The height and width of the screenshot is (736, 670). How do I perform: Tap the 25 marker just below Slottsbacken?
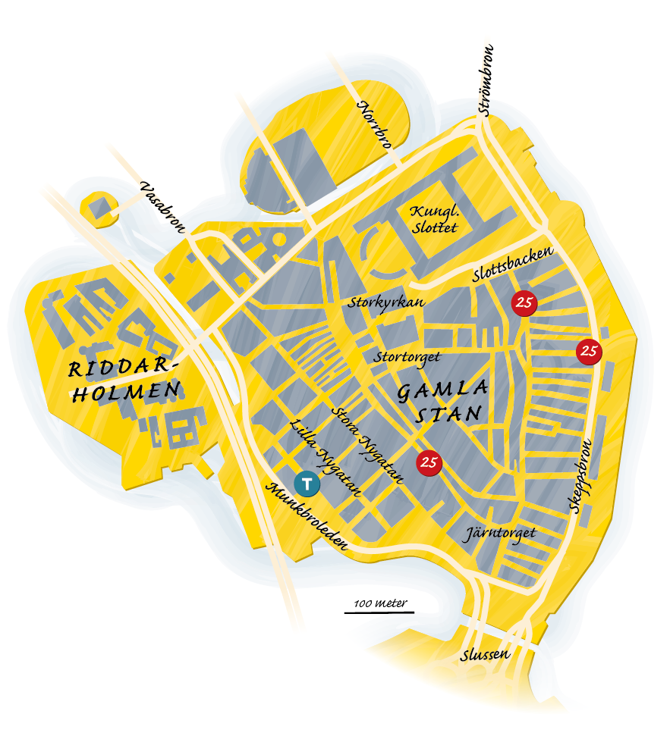point(524,303)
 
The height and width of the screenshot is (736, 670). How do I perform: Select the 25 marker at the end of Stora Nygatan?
point(429,462)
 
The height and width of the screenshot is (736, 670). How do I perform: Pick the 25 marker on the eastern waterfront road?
point(590,351)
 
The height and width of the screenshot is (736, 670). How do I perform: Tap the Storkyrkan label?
point(374,302)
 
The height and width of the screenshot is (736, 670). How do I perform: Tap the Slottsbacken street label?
point(513,265)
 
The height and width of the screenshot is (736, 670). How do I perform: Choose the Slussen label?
point(486,655)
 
